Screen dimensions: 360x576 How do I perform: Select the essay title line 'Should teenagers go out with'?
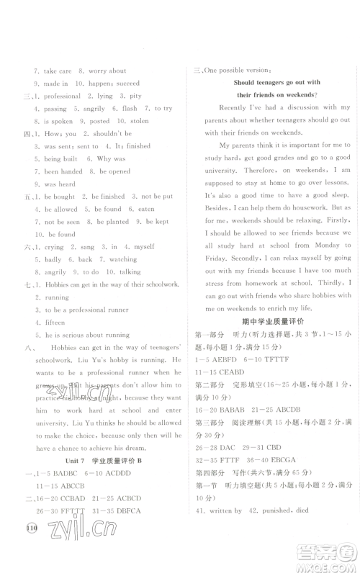coord(276,82)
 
